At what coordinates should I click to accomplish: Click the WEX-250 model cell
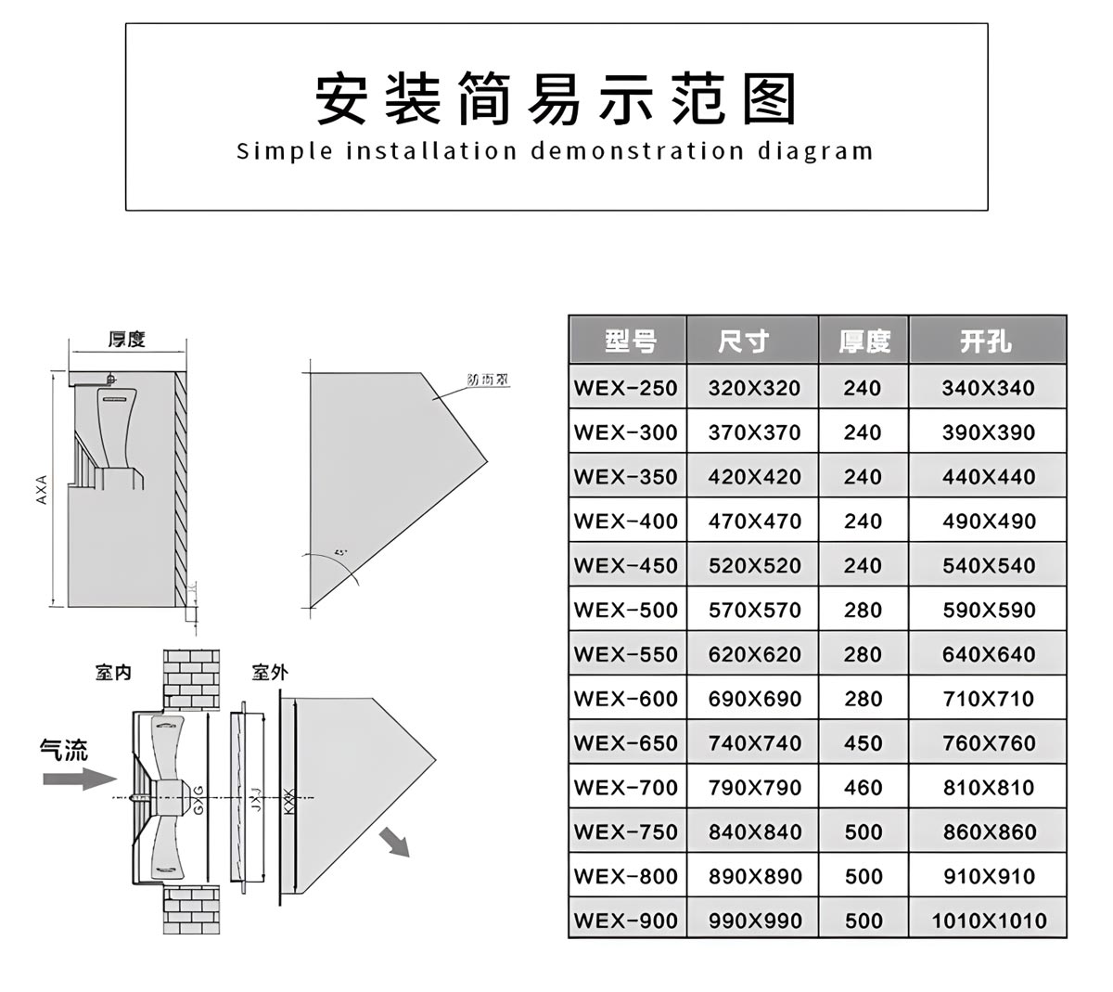point(626,388)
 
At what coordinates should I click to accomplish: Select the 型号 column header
point(631,341)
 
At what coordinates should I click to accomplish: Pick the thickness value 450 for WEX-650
point(863,743)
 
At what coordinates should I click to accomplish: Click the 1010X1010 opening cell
point(989,921)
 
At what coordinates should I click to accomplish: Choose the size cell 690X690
point(754,699)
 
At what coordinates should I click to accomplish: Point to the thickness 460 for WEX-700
point(863,788)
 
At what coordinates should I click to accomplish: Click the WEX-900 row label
point(626,921)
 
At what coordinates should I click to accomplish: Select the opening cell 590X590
point(989,610)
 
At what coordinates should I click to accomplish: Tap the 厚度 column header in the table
point(864,341)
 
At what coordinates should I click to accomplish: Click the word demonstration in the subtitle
point(637,151)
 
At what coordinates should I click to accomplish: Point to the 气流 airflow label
point(64,750)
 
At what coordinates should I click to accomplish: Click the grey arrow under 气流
point(79,779)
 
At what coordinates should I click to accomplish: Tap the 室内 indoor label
point(113,672)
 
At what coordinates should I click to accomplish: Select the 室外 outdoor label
point(270,672)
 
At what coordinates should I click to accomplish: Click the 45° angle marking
point(340,553)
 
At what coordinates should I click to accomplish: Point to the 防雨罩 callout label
point(488,380)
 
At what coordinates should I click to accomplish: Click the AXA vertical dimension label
point(42,490)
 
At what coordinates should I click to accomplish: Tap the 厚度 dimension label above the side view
point(127,340)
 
